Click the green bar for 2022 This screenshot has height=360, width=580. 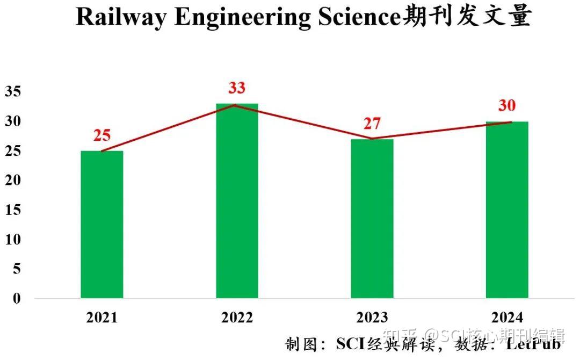237,201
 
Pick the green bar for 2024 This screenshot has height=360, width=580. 507,210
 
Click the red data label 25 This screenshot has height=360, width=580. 102,135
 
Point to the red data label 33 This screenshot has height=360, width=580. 236,88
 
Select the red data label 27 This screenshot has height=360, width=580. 372,124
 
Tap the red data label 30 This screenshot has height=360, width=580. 506,106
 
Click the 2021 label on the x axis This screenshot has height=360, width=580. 102,318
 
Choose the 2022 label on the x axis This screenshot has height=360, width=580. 237,318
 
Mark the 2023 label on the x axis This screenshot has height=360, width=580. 372,318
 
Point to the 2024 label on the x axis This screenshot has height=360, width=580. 507,318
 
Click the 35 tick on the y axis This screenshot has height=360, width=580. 13,92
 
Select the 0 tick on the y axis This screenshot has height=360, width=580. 17,299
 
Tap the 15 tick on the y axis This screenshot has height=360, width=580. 13,210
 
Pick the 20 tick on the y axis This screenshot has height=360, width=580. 13,181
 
